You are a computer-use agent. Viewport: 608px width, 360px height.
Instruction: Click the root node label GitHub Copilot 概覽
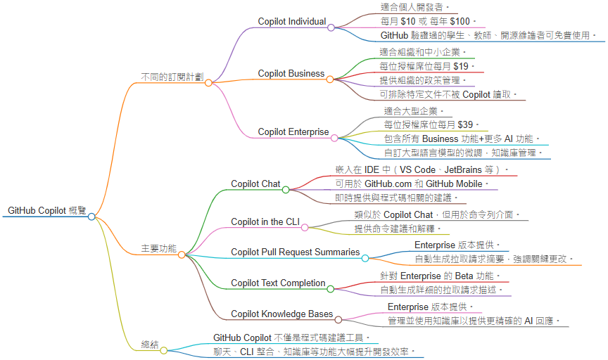coord(46,210)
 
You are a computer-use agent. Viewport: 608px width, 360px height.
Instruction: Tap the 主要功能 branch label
coord(159,248)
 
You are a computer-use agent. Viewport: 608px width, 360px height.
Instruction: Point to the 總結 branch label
coord(149,345)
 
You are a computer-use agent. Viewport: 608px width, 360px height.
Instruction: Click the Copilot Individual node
coord(291,22)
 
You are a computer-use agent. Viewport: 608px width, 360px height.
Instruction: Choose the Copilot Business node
coord(291,73)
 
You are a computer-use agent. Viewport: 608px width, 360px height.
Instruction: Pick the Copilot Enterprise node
coord(293,131)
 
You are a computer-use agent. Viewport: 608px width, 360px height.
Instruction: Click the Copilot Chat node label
coord(255,184)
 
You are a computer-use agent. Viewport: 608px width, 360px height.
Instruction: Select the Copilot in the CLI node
coord(265,222)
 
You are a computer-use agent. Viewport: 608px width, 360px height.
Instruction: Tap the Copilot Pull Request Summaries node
coord(295,252)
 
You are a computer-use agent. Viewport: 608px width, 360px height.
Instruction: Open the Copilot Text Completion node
coord(278,283)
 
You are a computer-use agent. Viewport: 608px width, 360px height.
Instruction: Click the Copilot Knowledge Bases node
coord(282,314)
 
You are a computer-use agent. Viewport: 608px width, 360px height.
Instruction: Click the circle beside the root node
coord(91,217)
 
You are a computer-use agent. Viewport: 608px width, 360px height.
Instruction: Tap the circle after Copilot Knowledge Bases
coord(338,319)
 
